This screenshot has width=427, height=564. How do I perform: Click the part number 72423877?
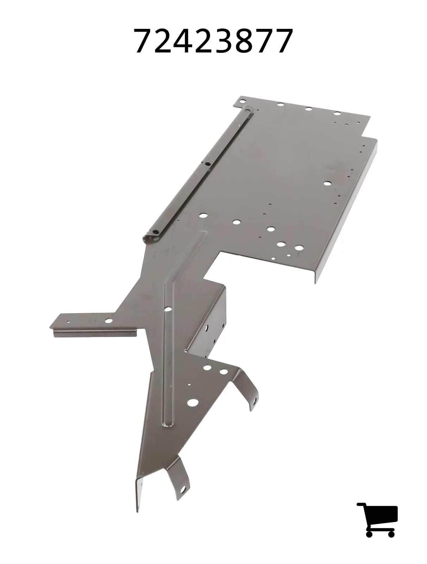213,41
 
